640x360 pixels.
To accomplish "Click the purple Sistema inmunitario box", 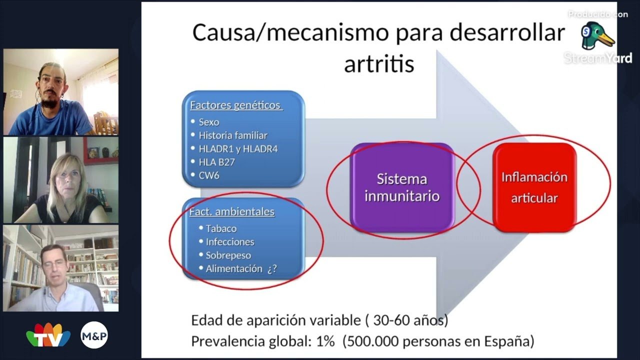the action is [x=402, y=187].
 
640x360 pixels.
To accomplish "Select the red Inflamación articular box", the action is [x=534, y=187].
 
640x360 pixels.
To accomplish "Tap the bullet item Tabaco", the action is [x=221, y=228].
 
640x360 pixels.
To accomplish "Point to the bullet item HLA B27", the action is [x=216, y=162].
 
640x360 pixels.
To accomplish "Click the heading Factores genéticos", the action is [x=236, y=105].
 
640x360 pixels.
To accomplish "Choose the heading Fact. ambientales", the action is [x=232, y=211].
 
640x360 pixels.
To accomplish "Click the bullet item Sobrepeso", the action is [x=228, y=255].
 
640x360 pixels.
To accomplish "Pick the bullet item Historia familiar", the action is [x=233, y=135].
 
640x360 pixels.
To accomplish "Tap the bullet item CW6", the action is [x=209, y=175].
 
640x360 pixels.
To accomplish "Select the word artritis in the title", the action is [x=379, y=63].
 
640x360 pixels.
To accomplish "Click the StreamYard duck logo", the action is [x=597, y=35].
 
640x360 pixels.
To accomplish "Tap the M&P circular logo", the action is [x=94, y=335].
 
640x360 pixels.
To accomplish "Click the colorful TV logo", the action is [x=48, y=335].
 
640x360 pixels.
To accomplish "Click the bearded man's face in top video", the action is [x=51, y=87].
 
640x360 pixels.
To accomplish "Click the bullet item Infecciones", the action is [x=230, y=242].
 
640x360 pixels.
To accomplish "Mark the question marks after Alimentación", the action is [x=272, y=269].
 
